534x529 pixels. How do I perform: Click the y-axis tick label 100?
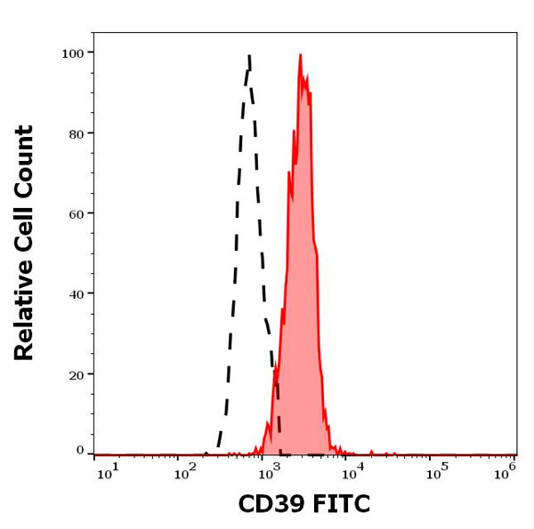(x=73, y=53)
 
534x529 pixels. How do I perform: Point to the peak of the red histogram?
(x=301, y=55)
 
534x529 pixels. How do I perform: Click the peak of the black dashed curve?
(x=249, y=55)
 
